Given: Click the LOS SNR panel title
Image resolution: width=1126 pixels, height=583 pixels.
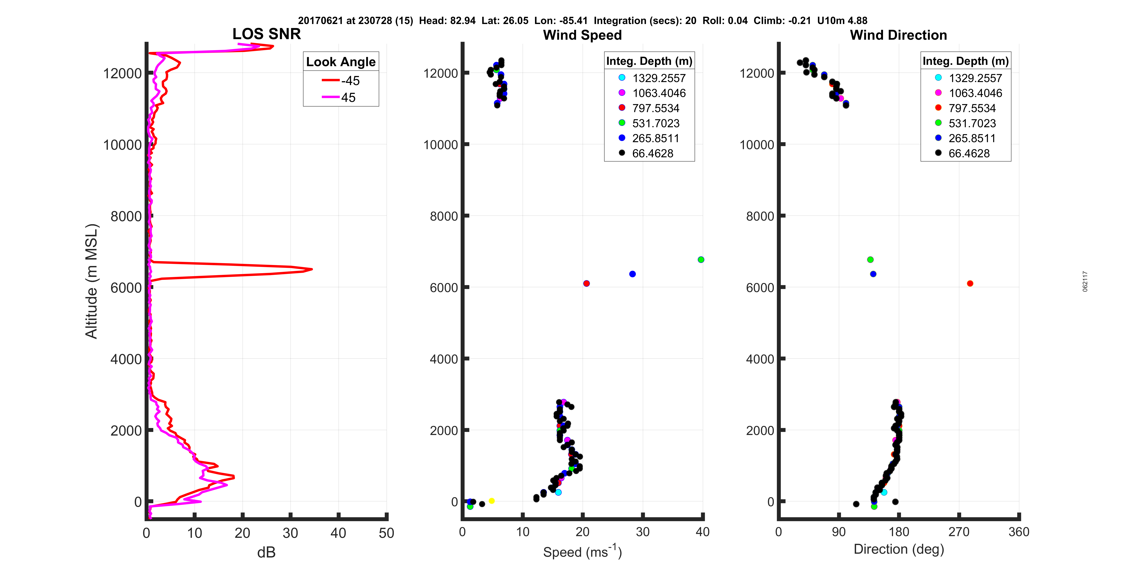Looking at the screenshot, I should [266, 34].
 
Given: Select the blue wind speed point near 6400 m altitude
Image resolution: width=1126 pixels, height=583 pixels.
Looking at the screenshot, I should [632, 274].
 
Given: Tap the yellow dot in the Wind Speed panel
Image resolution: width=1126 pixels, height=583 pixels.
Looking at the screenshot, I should [491, 501].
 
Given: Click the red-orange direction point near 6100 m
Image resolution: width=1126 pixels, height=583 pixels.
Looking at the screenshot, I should [969, 283].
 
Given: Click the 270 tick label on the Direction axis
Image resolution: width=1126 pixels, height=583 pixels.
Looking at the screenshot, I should [959, 532].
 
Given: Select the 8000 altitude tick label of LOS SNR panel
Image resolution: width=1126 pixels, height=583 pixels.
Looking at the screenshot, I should [126, 216].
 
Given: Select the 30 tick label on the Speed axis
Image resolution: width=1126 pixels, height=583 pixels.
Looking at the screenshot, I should [642, 532].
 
